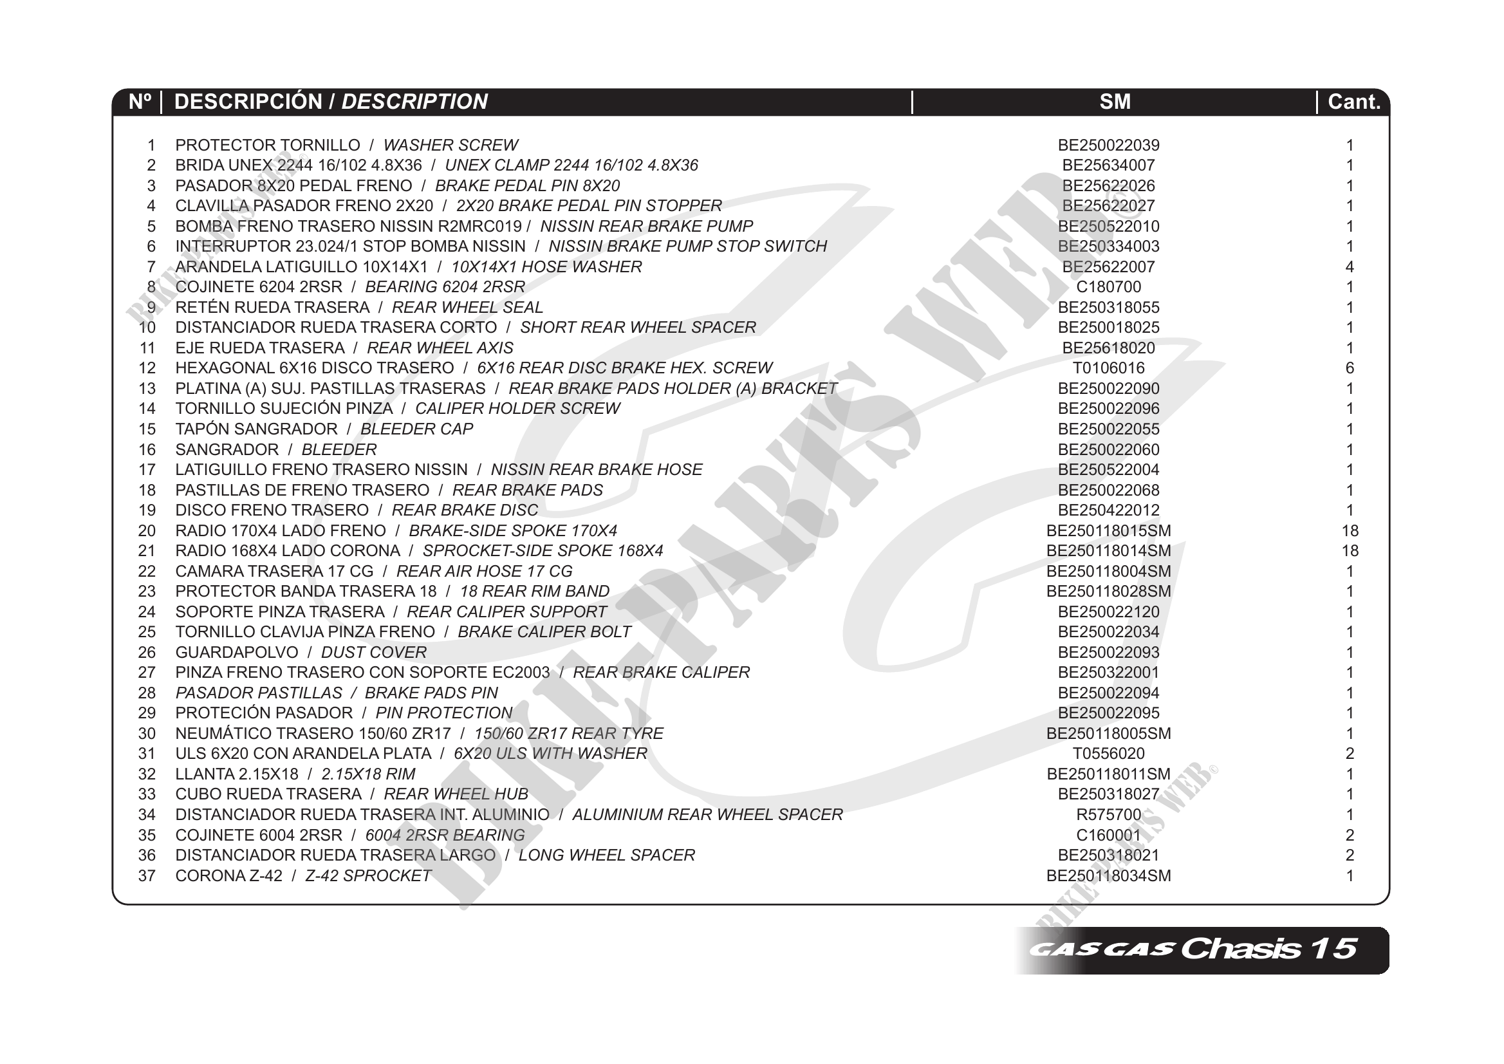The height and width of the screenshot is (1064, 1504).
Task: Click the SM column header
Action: [1114, 102]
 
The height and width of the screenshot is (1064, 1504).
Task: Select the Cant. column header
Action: [1353, 102]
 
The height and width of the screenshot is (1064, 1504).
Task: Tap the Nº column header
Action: [140, 102]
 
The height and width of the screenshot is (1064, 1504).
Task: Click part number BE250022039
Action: [1108, 145]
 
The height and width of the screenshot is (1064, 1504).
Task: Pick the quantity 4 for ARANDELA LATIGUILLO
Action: [1350, 266]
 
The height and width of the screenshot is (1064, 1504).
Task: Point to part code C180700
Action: [1108, 287]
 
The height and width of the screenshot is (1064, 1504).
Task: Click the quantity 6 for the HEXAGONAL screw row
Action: [1350, 368]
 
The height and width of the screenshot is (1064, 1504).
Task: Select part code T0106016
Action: [1108, 368]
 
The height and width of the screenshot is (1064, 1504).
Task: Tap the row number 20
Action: [147, 530]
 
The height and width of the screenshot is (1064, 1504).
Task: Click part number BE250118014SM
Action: [1108, 551]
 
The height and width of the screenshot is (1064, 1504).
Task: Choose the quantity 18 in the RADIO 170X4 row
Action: [1350, 530]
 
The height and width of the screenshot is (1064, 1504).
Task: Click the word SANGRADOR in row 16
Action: [227, 449]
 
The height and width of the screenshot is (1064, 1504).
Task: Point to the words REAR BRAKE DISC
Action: [465, 510]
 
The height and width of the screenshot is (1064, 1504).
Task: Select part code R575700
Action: [1108, 814]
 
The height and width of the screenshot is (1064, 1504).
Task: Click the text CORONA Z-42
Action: [228, 876]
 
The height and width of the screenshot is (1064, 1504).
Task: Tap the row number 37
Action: [147, 876]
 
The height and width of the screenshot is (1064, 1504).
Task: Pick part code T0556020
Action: [1108, 754]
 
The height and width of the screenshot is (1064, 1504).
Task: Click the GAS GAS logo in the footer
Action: [1100, 949]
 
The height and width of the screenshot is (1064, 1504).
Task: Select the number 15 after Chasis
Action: [1333, 949]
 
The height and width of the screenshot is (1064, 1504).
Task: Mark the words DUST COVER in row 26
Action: [373, 653]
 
